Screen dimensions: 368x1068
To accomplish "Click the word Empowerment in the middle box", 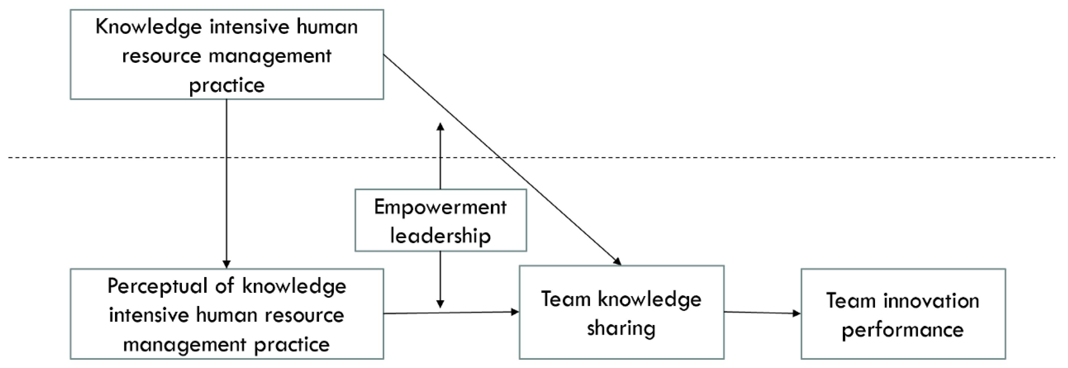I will tap(440, 207).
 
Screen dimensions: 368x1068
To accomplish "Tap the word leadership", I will tap(440, 236).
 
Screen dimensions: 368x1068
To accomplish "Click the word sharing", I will tap(621, 329).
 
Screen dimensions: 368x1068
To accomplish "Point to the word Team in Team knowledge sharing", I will tap(566, 299).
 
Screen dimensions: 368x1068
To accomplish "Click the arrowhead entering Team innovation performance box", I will tap(796, 313).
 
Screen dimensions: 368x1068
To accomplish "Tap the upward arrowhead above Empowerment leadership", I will tap(440, 126).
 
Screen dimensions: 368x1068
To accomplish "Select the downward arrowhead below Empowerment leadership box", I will tap(440, 304).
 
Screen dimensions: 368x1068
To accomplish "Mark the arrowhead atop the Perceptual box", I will tap(227, 264).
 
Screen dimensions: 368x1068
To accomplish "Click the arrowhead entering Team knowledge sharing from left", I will tap(515, 312).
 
